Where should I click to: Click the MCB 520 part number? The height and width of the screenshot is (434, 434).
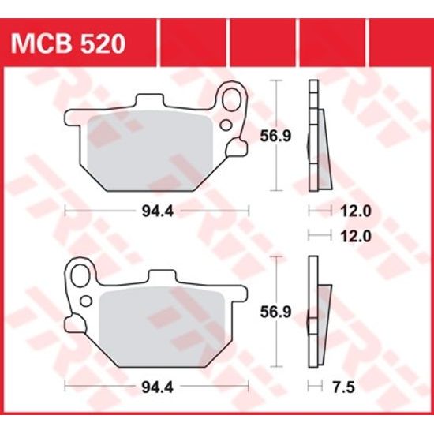point(66,43)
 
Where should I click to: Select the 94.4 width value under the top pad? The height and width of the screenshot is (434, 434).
point(157,211)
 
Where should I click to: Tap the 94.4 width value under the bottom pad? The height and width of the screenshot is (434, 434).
point(157,387)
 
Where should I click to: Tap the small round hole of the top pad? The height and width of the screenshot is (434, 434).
point(226,125)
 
